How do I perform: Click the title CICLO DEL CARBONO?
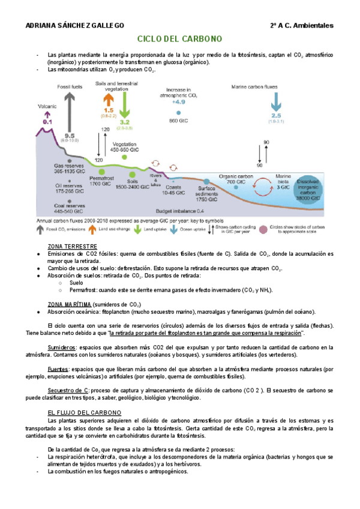[x=180, y=39]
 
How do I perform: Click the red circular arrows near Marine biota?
[x=262, y=185]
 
